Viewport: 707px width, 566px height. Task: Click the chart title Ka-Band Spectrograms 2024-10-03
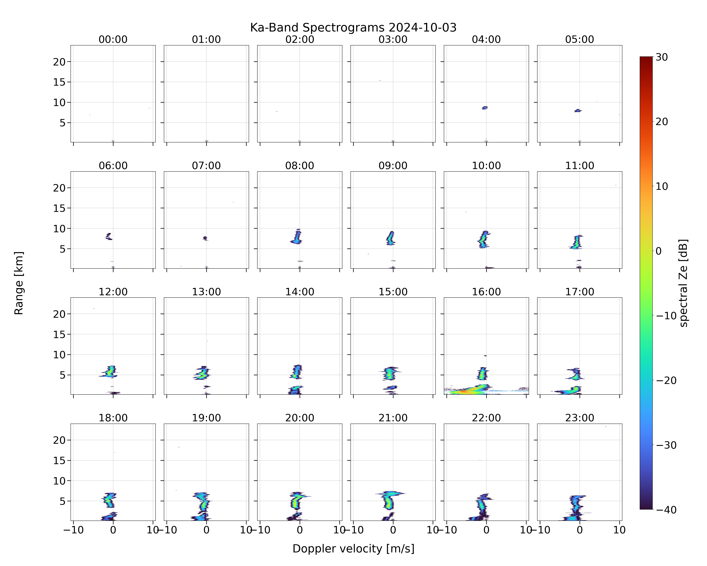(353, 28)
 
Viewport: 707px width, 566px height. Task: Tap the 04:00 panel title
(486, 39)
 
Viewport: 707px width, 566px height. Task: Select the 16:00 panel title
(486, 292)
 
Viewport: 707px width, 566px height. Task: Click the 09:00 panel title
(393, 166)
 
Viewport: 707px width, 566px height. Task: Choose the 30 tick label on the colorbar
(662, 57)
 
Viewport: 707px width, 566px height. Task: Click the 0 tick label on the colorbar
(659, 251)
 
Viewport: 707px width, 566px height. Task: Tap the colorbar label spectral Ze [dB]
(683, 283)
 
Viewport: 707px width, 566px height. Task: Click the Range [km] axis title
(19, 283)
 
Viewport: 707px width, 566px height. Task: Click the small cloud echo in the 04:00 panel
(485, 108)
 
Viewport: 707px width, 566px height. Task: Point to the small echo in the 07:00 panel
(205, 238)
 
